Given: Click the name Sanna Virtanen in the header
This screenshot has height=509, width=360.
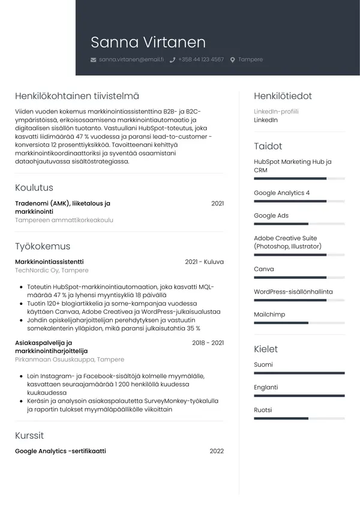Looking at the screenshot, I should [x=148, y=42].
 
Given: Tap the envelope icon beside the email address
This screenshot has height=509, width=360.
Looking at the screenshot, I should [x=93, y=60].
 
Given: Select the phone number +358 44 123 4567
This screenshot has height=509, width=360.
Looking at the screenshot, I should [x=200, y=60].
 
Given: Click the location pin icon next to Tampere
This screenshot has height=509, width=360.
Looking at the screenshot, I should [x=233, y=60].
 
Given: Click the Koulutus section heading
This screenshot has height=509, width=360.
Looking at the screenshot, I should [x=34, y=188].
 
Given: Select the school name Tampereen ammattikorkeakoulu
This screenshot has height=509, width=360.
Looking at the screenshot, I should [x=64, y=220].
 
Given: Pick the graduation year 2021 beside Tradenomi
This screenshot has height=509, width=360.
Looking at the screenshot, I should [x=217, y=203].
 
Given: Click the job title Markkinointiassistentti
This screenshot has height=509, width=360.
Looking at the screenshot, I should [x=49, y=262].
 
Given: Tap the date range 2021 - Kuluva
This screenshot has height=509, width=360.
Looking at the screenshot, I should [x=204, y=262].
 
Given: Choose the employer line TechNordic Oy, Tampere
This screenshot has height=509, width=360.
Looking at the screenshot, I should [x=52, y=271].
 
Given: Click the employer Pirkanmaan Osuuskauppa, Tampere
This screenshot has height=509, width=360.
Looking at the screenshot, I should [x=70, y=360].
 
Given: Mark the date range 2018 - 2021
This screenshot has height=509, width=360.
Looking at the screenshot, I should [x=208, y=343].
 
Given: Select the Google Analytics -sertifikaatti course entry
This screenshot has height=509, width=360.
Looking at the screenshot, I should [x=60, y=451].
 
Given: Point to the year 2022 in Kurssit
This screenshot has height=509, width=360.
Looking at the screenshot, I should [x=217, y=451].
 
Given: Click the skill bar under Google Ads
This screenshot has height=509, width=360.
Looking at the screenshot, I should [x=299, y=224].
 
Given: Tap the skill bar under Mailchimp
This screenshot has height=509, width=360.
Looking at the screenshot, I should [x=299, y=323].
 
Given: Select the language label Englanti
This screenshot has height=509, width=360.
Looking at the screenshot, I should [x=266, y=387].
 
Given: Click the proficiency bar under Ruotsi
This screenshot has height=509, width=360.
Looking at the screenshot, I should [x=299, y=418].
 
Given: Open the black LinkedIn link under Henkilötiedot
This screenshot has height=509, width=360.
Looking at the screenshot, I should [x=266, y=120].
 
